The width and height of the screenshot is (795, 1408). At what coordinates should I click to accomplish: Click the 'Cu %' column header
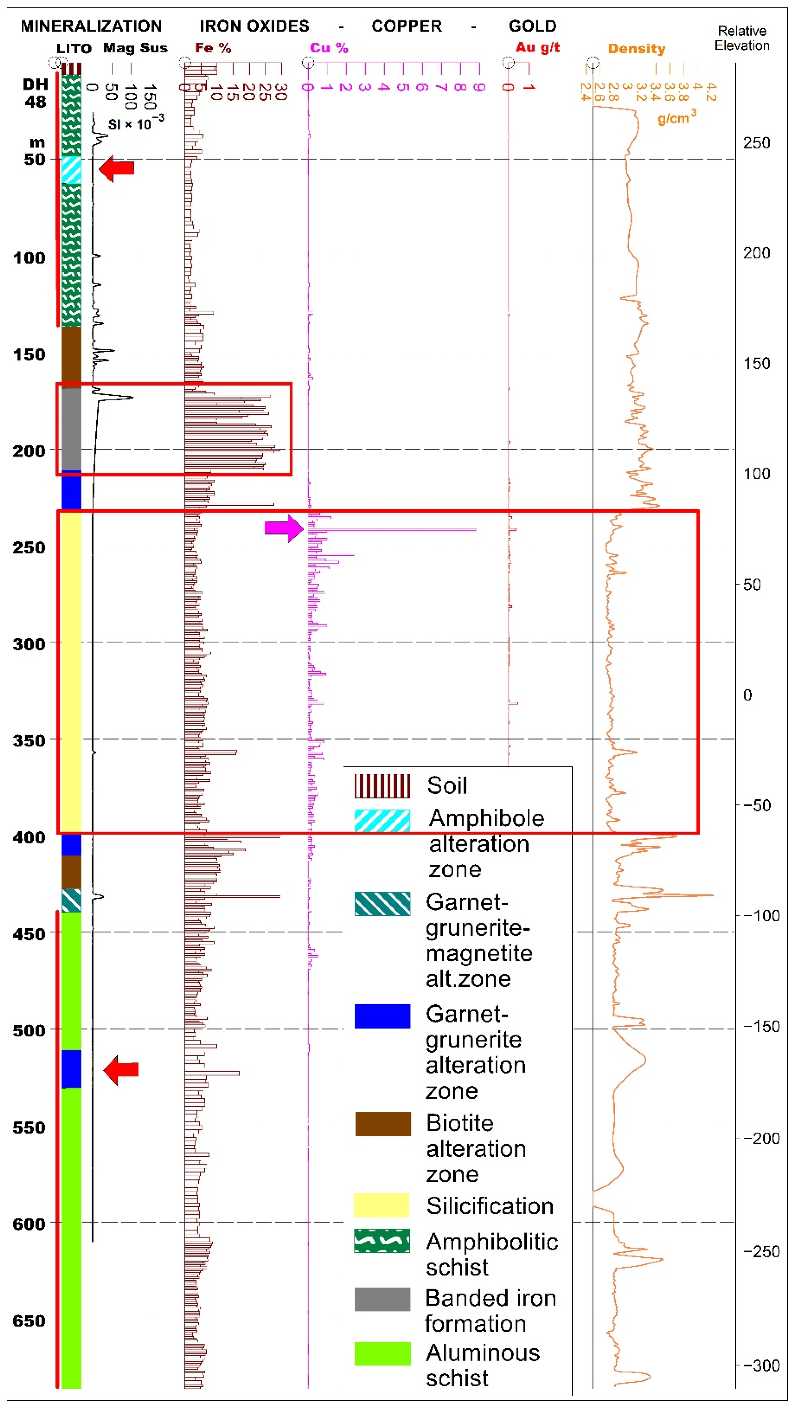(329, 48)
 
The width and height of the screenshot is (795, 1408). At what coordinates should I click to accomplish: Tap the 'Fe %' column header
(213, 48)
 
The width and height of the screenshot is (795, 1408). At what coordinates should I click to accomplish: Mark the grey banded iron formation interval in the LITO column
(71, 429)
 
